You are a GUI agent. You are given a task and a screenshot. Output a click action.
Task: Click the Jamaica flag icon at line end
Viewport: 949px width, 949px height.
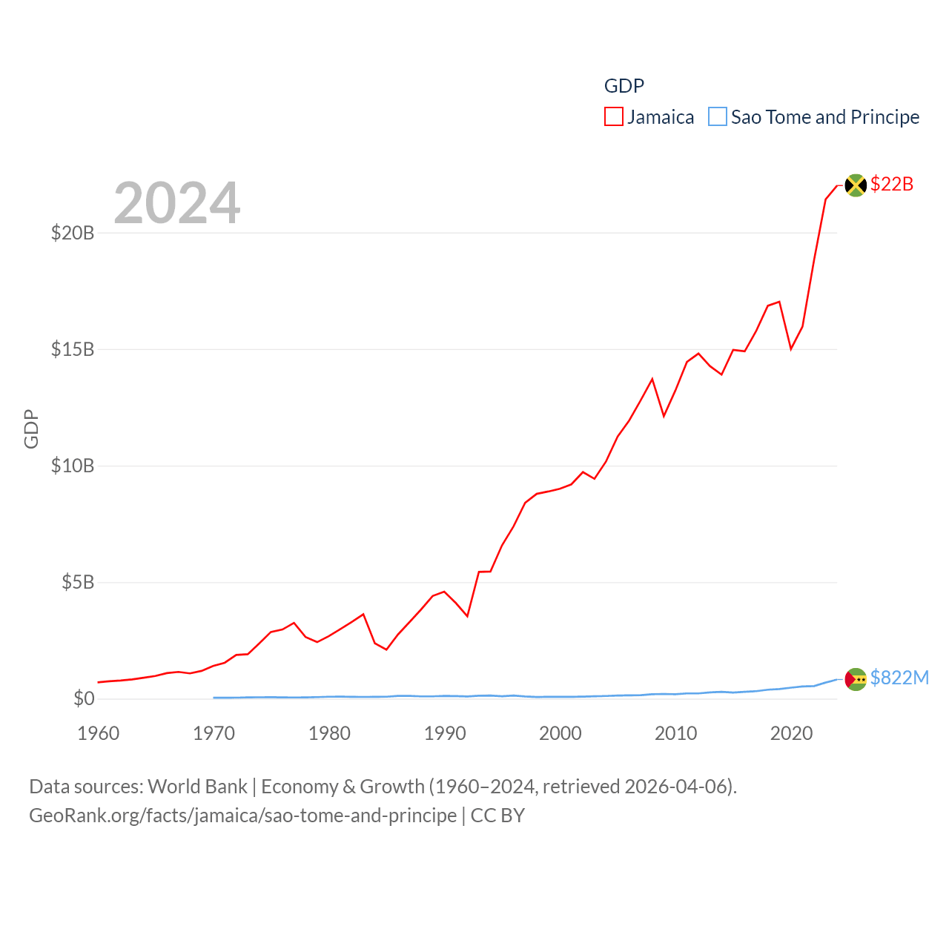856,185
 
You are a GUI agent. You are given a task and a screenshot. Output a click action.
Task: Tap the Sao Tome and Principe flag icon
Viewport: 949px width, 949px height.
856,679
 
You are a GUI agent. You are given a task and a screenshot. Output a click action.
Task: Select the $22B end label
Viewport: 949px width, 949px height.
892,184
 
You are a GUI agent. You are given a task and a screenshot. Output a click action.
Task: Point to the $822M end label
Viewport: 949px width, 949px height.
899,678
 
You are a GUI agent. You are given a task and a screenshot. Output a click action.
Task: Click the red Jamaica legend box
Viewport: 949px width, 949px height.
614,117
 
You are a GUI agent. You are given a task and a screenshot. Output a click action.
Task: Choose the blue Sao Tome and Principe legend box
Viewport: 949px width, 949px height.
718,117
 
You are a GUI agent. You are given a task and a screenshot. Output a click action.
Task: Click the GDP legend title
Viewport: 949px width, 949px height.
624,86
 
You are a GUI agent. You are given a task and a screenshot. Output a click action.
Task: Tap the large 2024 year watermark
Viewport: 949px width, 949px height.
177,203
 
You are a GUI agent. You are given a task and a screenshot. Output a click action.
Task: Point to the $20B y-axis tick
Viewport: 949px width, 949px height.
73,233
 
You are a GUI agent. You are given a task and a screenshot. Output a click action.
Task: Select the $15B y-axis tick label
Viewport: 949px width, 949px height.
73,349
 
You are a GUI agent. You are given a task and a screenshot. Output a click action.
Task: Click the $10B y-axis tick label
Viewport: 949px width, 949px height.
73,466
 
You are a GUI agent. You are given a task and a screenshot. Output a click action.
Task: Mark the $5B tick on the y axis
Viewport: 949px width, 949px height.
78,582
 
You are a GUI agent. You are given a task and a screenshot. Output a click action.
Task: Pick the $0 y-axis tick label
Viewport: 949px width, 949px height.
84,698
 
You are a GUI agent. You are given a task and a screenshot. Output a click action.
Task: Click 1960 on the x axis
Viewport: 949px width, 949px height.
99,733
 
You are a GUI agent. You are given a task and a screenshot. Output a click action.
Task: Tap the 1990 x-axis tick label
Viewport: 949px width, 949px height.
445,733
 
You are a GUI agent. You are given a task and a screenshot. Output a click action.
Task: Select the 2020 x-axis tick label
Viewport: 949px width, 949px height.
792,733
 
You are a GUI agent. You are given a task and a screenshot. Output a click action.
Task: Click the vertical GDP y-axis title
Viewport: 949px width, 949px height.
31,429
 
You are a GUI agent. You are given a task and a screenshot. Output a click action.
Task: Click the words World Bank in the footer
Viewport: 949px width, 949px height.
197,787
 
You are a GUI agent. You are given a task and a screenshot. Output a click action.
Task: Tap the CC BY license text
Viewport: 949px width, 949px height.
497,816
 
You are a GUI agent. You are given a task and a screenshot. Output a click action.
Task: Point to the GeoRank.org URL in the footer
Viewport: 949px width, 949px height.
242,816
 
